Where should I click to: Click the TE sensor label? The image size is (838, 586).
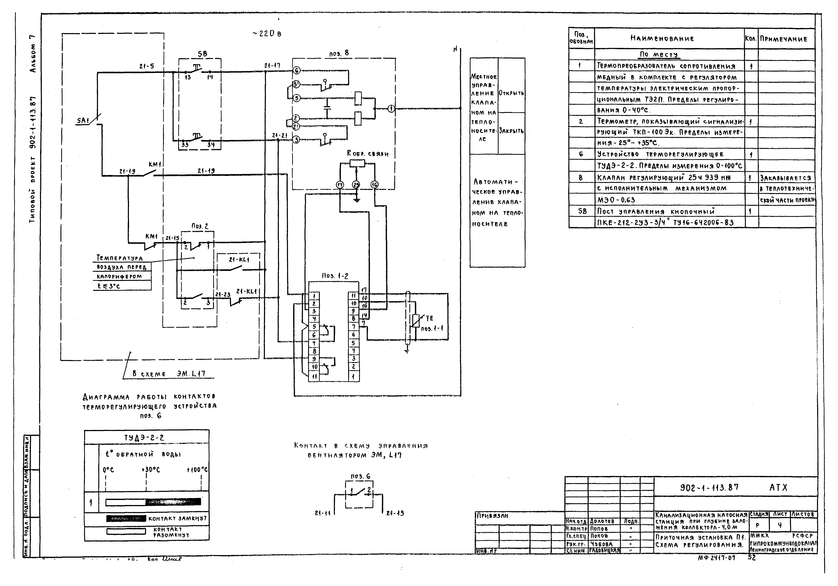coord(429,318)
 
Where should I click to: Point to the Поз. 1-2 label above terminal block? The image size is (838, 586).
coord(335,276)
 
